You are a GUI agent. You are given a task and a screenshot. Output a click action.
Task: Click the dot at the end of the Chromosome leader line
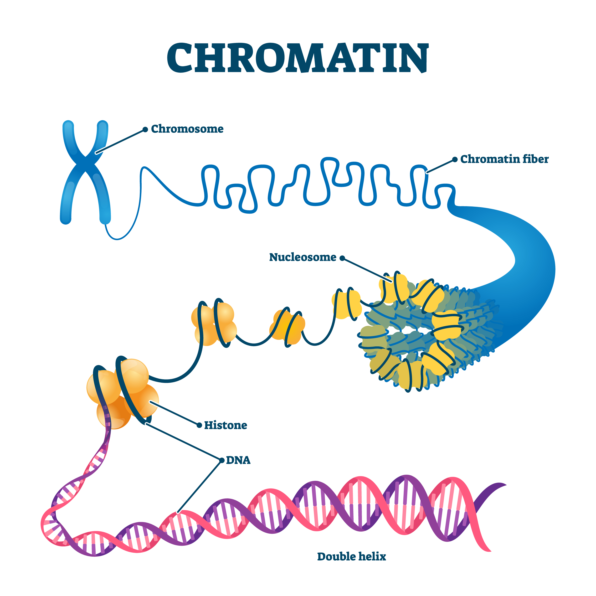click(145, 129)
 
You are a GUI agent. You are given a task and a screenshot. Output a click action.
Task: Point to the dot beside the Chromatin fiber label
click(455, 159)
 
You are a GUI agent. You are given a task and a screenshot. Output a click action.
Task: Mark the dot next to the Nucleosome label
click(342, 258)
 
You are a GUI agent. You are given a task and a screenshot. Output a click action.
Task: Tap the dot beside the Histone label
click(199, 425)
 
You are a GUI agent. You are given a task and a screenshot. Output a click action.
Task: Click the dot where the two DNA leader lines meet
click(222, 460)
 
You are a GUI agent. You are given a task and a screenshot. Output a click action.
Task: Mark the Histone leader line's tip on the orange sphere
click(150, 402)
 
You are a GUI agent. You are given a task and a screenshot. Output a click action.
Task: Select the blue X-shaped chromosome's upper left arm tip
click(68, 124)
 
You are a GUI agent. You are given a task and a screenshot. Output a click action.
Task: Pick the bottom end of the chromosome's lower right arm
click(105, 219)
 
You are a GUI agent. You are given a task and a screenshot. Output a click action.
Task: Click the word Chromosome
click(187, 129)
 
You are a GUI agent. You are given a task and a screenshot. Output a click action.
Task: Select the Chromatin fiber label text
click(505, 159)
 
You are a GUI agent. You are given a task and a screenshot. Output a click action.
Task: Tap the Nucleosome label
click(303, 257)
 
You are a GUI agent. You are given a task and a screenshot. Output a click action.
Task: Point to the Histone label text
click(226, 425)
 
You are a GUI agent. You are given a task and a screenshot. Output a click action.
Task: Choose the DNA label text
click(238, 460)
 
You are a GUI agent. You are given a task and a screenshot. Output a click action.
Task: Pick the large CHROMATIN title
click(298, 58)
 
